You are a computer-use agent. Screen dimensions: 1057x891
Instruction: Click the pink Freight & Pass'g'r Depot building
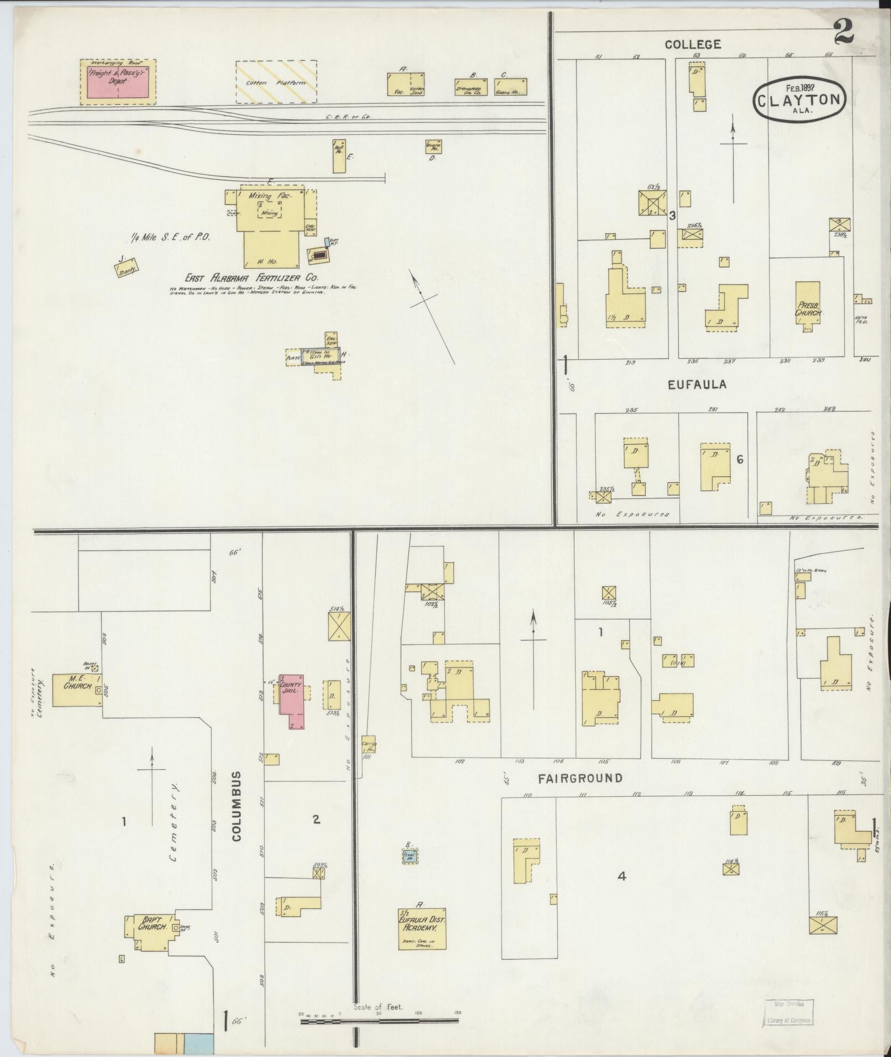click(118, 82)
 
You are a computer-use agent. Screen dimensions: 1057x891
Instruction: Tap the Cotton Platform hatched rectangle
click(276, 82)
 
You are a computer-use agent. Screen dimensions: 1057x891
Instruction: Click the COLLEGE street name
click(693, 44)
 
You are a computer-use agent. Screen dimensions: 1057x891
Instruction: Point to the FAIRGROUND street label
click(581, 778)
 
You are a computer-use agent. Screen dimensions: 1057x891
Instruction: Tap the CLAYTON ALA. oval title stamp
click(799, 99)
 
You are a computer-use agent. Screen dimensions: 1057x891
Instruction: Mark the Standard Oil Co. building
click(469, 87)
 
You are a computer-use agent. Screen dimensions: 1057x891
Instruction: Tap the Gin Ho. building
click(321, 356)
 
